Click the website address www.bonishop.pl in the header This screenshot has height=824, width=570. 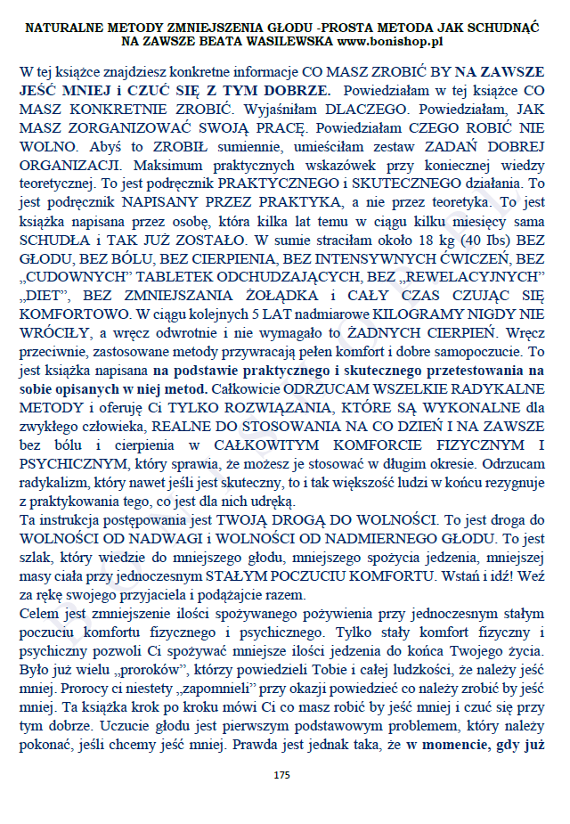391,42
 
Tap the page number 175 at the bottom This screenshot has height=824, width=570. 282,775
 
